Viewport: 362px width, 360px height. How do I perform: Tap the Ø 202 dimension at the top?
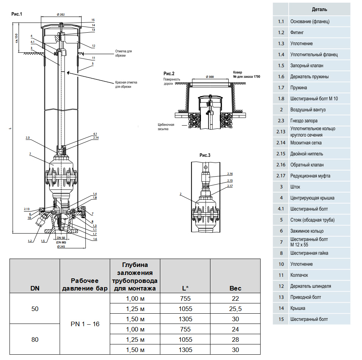[61, 14]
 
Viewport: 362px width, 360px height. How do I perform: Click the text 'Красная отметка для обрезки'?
[126, 84]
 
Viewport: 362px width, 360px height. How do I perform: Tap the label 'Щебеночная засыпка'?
[166, 126]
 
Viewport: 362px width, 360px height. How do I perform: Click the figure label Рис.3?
[205, 155]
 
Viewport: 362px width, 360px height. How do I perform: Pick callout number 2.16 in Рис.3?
[230, 173]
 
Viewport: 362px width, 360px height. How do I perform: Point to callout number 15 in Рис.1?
[93, 19]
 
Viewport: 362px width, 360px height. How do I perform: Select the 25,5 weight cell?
[236, 309]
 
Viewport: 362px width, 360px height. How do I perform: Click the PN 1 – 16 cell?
[85, 324]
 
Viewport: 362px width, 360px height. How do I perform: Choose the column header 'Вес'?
[236, 288]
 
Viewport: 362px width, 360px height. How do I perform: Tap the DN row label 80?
[35, 339]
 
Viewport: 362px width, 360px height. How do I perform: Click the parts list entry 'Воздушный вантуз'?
[308, 110]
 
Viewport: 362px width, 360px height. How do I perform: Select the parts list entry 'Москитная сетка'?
[306, 143]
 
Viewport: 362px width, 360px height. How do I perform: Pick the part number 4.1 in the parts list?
[281, 209]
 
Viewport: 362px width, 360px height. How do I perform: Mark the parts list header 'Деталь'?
[319, 9]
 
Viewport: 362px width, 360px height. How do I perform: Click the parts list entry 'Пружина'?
[299, 88]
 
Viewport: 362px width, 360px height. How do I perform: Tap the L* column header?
[185, 288]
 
